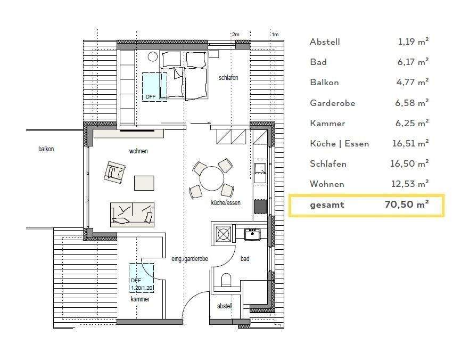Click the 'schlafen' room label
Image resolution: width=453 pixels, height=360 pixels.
coord(228,77)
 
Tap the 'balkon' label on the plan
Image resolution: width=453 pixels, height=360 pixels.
coord(46,149)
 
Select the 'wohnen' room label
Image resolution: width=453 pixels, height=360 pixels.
coord(138,151)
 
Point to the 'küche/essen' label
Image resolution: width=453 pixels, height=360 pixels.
coord(226,202)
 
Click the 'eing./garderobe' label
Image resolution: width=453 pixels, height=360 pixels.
coord(190,259)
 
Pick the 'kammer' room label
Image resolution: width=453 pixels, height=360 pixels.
coord(140,299)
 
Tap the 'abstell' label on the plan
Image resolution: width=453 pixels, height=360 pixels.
coord(225,306)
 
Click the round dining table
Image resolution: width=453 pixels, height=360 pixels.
coord(212,178)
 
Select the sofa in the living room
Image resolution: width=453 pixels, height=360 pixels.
coord(132,215)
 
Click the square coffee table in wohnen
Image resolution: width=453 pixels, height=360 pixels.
coord(144,183)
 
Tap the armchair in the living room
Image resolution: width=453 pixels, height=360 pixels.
coord(114,172)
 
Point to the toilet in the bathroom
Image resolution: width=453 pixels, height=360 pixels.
coord(227,280)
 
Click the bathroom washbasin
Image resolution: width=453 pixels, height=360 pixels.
coord(252,234)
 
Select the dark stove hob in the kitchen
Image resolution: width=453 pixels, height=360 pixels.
coord(260,206)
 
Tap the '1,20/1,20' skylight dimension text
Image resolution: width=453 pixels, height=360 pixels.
coord(142,288)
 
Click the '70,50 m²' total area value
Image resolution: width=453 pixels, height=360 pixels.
coord(407,204)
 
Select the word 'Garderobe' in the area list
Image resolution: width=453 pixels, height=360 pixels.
coord(333,103)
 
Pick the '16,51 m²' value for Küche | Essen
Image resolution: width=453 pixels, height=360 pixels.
coord(410,143)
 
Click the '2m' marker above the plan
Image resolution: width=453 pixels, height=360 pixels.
coord(236,35)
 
